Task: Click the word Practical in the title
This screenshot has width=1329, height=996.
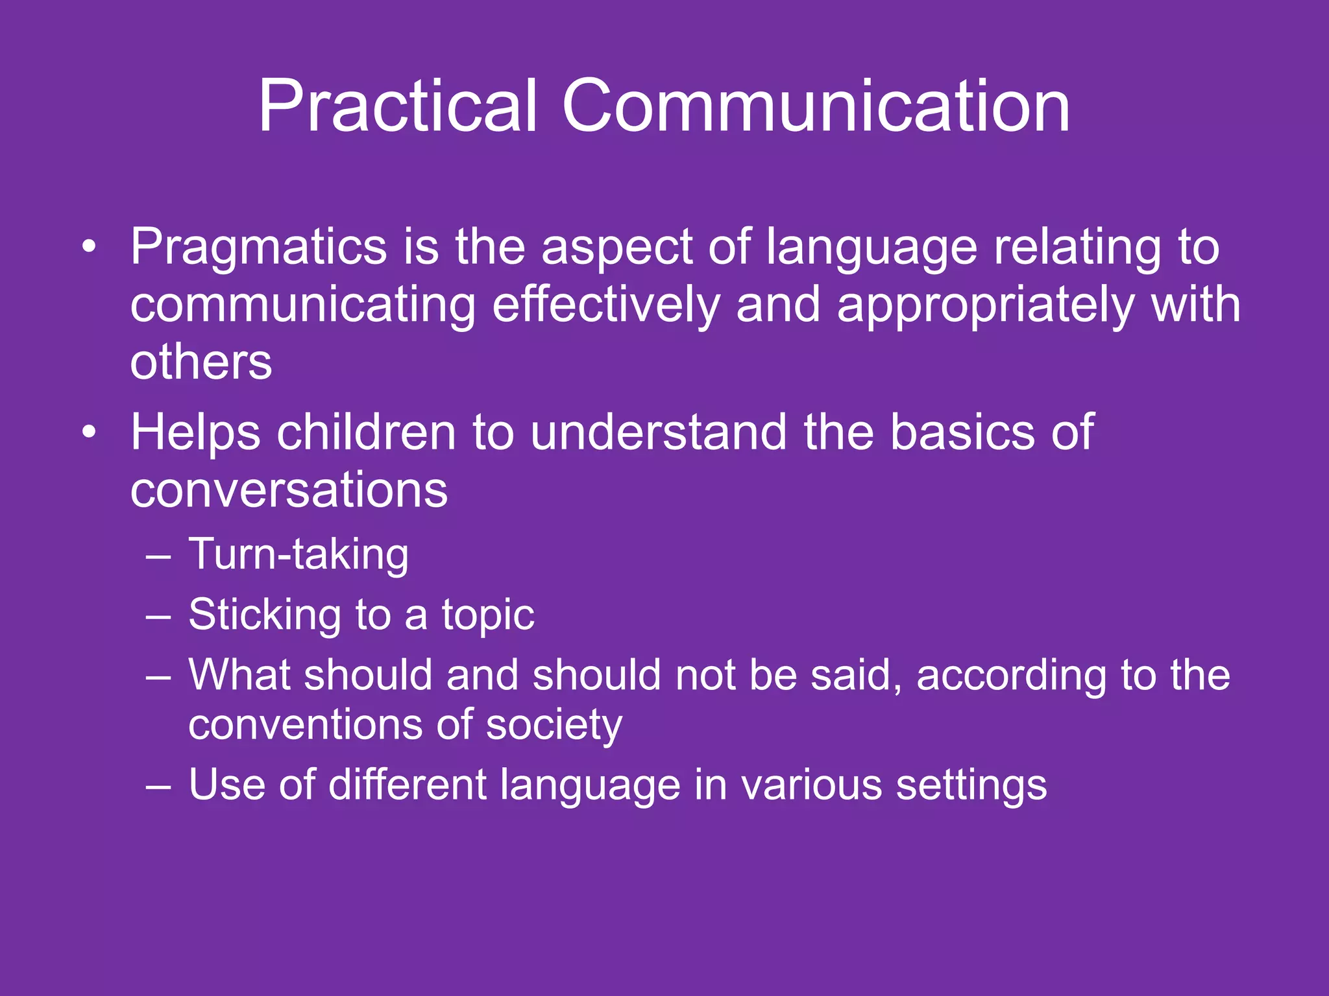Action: coord(397,107)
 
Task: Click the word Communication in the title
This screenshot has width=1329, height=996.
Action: coord(815,107)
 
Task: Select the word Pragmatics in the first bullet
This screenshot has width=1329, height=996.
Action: coord(258,248)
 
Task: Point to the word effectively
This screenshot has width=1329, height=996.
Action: coord(605,305)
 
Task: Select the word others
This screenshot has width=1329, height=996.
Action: coord(201,362)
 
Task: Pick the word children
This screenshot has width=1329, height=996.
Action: coord(366,432)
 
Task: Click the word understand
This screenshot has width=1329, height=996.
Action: coord(658,432)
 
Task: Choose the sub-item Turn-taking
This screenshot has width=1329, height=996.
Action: coord(299,555)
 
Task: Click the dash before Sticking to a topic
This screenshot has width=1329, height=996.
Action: coord(158,615)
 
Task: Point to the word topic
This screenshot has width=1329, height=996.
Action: coord(488,615)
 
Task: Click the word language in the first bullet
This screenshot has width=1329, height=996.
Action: coord(871,248)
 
